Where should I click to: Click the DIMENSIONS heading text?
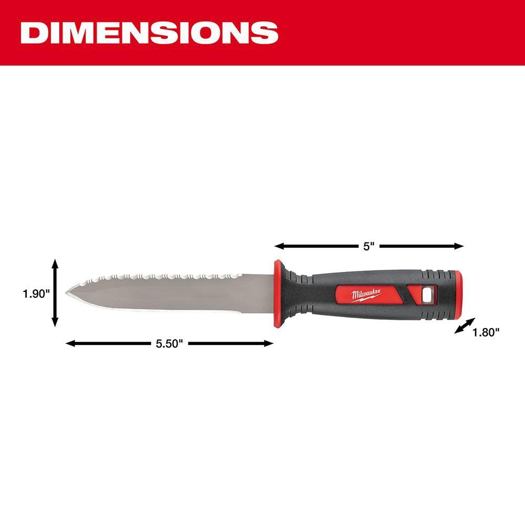(x=149, y=33)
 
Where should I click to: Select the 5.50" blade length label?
(x=169, y=344)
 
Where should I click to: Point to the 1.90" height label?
(x=35, y=293)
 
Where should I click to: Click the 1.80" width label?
(x=486, y=332)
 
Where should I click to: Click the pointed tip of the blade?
(x=67, y=293)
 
